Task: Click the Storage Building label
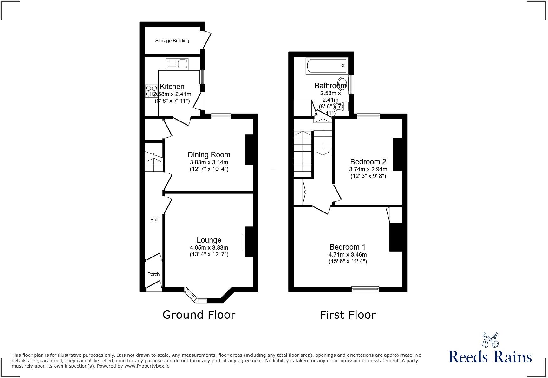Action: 172,41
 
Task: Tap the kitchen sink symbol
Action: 177,64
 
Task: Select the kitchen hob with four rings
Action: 151,91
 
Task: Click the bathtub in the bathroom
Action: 327,66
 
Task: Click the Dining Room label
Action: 209,155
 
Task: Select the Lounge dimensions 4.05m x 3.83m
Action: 209,248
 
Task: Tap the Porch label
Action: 153,274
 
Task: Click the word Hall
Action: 154,219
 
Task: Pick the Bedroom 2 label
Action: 368,162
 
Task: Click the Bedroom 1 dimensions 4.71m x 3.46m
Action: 348,255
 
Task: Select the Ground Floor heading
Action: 199,315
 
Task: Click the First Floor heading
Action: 348,315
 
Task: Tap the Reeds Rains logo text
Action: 490,357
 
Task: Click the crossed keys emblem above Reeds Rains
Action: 490,340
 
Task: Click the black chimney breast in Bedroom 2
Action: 397,154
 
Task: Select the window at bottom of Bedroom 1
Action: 365,289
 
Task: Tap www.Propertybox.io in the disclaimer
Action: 147,366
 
